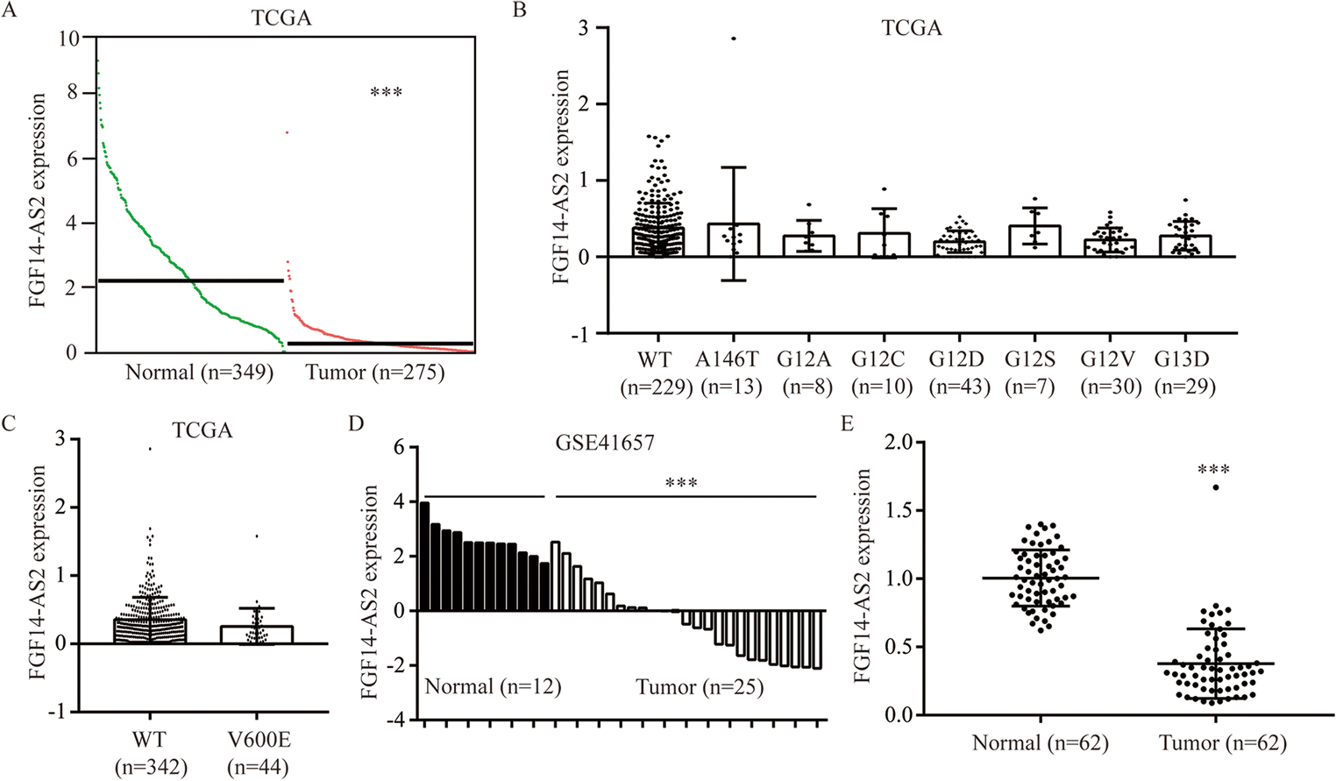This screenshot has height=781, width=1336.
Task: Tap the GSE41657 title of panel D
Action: [x=605, y=443]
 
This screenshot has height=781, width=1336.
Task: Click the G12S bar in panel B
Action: [x=1034, y=241]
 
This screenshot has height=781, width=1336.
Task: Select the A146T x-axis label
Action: [x=728, y=359]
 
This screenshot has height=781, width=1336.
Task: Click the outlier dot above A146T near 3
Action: [x=734, y=39]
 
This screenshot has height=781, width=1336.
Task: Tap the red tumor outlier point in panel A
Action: [x=287, y=132]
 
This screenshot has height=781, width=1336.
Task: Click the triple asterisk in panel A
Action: [x=386, y=92]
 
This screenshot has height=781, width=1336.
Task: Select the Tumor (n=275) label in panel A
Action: [x=375, y=373]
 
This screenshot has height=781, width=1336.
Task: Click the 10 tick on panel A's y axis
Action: [x=68, y=39]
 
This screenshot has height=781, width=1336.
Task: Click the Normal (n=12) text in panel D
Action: [x=493, y=686]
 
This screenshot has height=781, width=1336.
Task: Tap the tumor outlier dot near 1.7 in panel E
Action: [x=1216, y=487]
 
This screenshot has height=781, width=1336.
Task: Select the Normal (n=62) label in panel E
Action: [x=1041, y=743]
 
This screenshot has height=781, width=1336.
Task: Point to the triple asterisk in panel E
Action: [x=1213, y=471]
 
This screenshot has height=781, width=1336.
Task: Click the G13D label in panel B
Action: [x=1182, y=359]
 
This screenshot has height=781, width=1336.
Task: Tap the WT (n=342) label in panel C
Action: [x=151, y=753]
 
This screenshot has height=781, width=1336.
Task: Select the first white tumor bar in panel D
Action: [x=556, y=576]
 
